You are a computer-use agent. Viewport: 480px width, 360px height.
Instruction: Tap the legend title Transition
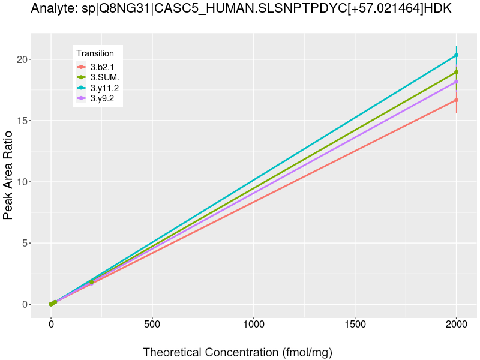(95, 53)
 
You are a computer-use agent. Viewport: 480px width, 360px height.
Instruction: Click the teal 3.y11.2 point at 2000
(456, 55)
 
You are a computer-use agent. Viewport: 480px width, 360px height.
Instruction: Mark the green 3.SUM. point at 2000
(456, 72)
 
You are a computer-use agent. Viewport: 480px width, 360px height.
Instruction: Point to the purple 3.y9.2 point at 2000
(456, 82)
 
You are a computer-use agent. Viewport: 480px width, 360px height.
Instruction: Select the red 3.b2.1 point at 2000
(456, 100)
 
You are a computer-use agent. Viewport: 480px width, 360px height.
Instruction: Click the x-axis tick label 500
(152, 325)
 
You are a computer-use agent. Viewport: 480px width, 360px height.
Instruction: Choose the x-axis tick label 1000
(253, 325)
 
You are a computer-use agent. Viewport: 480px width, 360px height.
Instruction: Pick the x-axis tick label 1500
(355, 325)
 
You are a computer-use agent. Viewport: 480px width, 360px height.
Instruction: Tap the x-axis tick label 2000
(456, 325)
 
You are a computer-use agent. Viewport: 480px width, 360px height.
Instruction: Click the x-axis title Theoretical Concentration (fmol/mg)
(237, 352)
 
